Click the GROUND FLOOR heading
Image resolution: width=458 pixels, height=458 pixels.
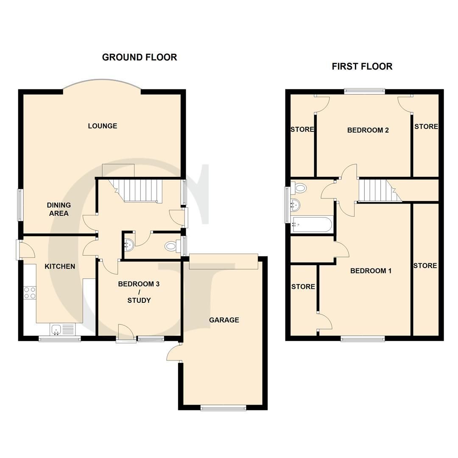140,57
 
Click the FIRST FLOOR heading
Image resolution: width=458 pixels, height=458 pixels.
362,67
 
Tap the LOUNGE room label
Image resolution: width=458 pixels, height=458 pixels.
103,126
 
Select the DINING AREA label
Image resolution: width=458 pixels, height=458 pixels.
59,209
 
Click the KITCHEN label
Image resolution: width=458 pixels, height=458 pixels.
60,266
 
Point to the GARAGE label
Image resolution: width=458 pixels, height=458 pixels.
224,320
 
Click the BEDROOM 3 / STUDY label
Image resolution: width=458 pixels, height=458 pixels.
139,292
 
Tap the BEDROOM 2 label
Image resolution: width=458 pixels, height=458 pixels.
368,130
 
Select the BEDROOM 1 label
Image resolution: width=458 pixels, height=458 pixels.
371,271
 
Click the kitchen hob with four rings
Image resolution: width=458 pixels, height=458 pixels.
30,293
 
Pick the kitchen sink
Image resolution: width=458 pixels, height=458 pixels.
62,329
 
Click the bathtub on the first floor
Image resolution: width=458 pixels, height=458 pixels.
313,224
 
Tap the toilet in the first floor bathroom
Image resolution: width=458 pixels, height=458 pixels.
299,188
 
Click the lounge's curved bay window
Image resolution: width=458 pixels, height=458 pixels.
102,83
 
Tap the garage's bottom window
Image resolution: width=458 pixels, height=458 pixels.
223,408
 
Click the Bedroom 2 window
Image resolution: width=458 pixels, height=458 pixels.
364,90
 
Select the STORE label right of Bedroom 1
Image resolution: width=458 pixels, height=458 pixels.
425,266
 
